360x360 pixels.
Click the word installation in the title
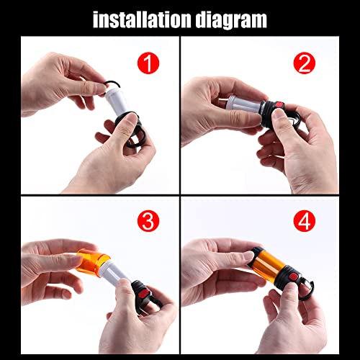pyautogui.click(x=143, y=19)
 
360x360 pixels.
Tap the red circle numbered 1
pyautogui.click(x=148, y=63)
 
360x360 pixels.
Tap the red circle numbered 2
pyautogui.click(x=305, y=63)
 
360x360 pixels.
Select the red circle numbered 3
pyautogui.click(x=148, y=221)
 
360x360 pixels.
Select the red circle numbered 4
pyautogui.click(x=305, y=221)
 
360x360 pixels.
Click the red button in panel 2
pyautogui.click(x=279, y=105)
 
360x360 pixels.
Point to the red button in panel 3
pyautogui.click(x=144, y=294)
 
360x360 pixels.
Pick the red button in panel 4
pyautogui.click(x=293, y=278)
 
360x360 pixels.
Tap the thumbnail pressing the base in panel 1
pyautogui.click(x=131, y=118)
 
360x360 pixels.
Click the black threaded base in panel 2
pyautogui.click(x=272, y=113)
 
